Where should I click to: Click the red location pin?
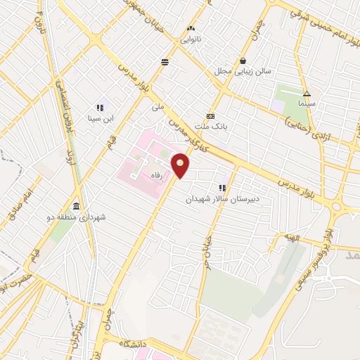coord(181,166)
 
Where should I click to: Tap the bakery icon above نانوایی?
coord(190,28)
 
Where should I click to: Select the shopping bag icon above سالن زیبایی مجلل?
coord(243,60)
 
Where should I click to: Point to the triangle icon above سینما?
coord(307,94)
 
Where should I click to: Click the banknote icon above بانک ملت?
coord(210,117)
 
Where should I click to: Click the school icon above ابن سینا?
coord(100,108)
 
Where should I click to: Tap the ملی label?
coord(157,108)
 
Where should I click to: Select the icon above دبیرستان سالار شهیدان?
coord(223,188)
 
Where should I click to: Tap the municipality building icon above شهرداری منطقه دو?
coord(75,206)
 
